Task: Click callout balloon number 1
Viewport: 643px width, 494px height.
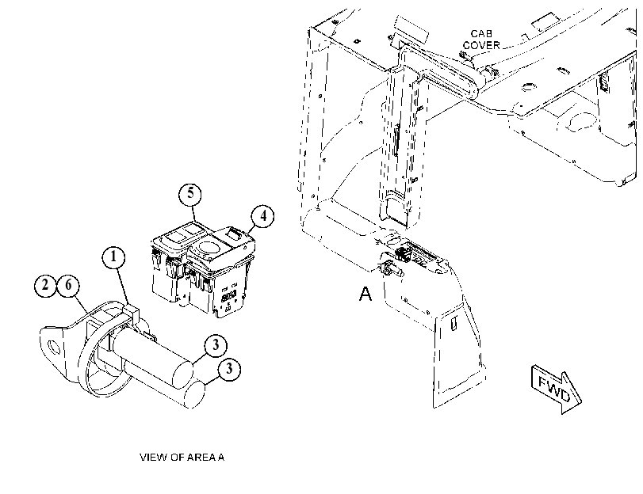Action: [113, 257]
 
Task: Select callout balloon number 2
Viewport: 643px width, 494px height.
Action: [45, 285]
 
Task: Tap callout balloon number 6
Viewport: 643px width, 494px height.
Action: [68, 285]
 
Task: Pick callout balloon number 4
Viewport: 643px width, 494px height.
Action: [263, 216]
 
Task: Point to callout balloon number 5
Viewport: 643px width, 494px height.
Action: [190, 193]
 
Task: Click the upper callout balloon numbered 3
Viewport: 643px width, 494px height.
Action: [216, 346]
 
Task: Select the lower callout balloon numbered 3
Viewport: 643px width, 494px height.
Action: [229, 369]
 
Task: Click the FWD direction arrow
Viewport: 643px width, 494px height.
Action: [556, 389]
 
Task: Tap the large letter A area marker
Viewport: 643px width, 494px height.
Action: [366, 294]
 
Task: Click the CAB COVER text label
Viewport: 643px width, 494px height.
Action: [481, 40]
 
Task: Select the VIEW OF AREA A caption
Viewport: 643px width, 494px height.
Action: [182, 457]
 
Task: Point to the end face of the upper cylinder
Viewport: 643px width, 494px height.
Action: [182, 374]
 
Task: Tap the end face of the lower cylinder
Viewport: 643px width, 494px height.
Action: [194, 395]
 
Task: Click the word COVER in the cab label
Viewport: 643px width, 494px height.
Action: [481, 45]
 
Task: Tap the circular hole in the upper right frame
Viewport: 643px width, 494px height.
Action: [530, 87]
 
